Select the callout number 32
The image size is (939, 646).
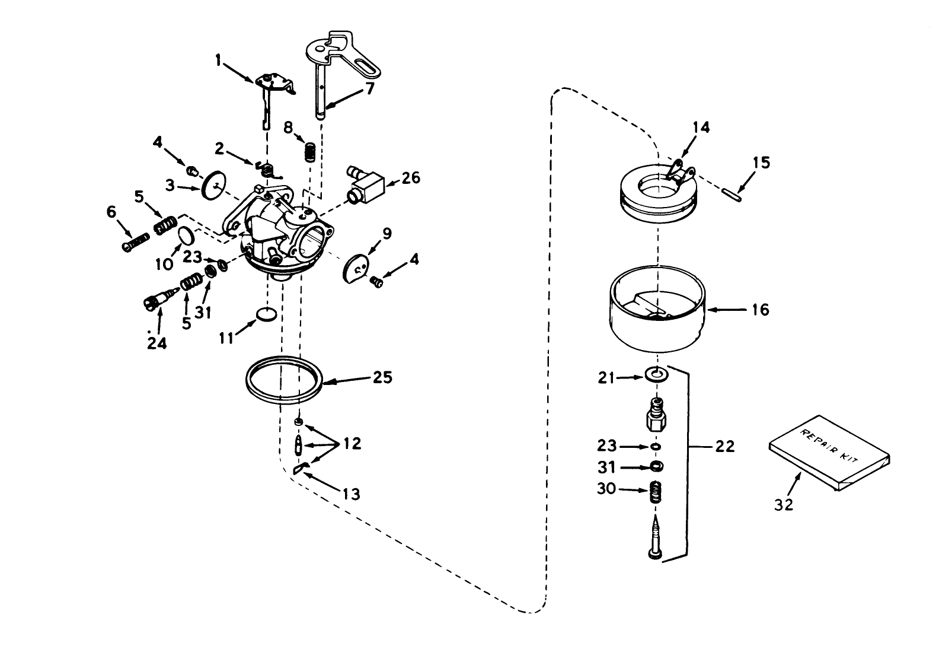click(783, 504)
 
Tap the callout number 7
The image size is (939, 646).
click(370, 90)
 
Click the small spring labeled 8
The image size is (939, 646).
click(309, 152)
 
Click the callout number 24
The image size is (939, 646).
click(156, 343)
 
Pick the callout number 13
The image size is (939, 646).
click(352, 494)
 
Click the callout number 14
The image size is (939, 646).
click(700, 128)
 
